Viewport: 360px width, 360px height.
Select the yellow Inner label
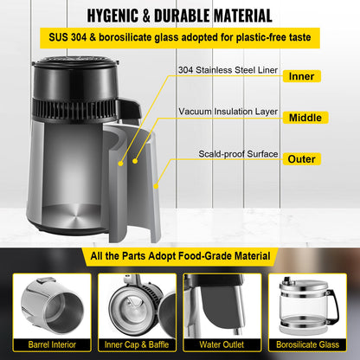[302, 75]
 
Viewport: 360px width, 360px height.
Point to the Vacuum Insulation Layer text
[228, 112]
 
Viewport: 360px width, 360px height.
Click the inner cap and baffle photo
[137, 304]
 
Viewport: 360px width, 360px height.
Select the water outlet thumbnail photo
[223, 304]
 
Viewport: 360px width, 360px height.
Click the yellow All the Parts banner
[180, 257]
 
